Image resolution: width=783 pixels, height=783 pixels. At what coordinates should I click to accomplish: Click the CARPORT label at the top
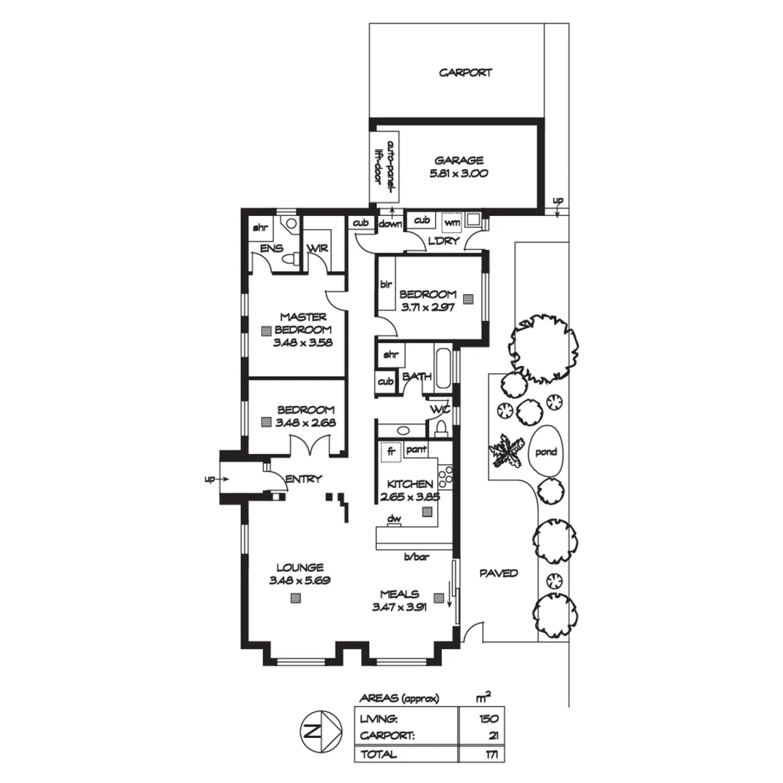(x=465, y=72)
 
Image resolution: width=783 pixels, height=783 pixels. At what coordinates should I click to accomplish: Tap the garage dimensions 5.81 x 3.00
(x=459, y=173)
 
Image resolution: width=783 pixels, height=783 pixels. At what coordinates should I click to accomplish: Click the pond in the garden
(x=545, y=452)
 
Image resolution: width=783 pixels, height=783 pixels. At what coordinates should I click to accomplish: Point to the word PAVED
(x=499, y=573)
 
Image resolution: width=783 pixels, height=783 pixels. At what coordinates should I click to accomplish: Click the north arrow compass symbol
(x=320, y=732)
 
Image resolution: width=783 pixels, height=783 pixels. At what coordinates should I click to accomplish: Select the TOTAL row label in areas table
(x=378, y=754)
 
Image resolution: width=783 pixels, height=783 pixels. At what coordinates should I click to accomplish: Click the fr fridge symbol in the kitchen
(x=391, y=451)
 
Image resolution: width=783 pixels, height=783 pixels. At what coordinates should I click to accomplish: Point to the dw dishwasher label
(x=394, y=518)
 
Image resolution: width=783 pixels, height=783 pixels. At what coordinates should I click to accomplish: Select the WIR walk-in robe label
(x=318, y=249)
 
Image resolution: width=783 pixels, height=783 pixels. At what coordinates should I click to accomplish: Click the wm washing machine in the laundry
(x=452, y=221)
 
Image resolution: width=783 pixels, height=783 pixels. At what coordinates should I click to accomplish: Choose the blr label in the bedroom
(x=386, y=285)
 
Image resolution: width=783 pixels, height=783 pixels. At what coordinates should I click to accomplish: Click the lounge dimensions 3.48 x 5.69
(x=296, y=581)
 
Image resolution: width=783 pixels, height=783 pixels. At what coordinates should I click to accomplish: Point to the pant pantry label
(x=415, y=450)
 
